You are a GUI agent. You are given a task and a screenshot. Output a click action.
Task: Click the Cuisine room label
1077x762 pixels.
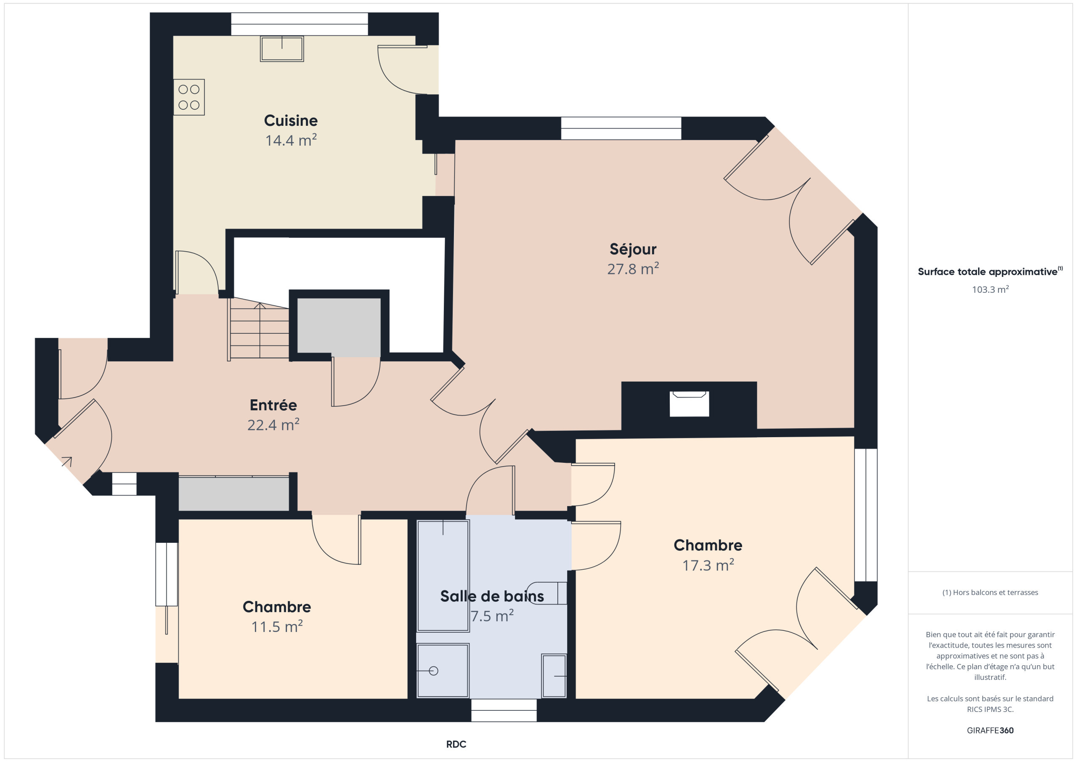point(291,121)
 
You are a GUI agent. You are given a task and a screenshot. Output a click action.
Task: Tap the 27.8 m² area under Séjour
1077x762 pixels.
point(633,269)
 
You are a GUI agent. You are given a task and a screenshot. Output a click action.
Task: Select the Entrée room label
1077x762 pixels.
point(273,405)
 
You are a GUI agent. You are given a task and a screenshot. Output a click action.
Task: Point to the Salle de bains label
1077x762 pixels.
point(492,596)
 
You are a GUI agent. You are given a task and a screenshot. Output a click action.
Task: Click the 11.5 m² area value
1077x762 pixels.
point(277,627)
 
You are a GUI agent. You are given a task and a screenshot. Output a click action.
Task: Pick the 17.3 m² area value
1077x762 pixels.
point(708,565)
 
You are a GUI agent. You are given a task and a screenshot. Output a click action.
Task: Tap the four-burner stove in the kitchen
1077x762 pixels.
point(189,97)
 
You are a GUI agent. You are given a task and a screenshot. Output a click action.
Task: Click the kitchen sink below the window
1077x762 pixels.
point(282,48)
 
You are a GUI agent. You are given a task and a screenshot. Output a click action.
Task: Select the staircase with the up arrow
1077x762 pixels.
point(259,331)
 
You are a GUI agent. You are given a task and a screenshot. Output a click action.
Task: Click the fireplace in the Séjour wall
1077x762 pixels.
point(689,404)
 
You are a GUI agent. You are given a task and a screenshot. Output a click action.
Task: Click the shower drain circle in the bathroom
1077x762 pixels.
point(433,671)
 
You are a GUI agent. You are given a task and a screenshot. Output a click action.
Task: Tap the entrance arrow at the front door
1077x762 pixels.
point(67,462)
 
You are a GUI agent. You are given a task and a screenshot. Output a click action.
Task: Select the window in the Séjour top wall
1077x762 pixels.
point(621,128)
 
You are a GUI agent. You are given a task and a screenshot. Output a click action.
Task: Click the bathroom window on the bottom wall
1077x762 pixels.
point(504,710)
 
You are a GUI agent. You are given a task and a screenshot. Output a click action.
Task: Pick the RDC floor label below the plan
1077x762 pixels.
point(456,744)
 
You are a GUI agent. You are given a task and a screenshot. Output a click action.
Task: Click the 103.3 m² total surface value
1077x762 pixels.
point(990,289)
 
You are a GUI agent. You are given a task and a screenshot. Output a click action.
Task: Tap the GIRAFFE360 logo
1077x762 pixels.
point(990,730)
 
